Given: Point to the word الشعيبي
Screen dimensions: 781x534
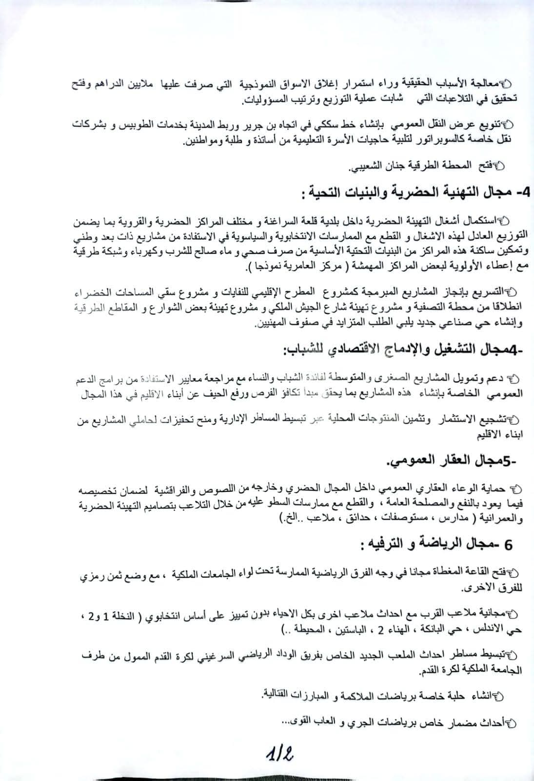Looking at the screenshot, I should coord(364,167).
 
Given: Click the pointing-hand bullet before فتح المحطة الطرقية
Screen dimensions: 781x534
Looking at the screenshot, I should coord(499,167).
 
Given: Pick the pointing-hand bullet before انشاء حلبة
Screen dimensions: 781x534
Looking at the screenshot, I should coord(498,695).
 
